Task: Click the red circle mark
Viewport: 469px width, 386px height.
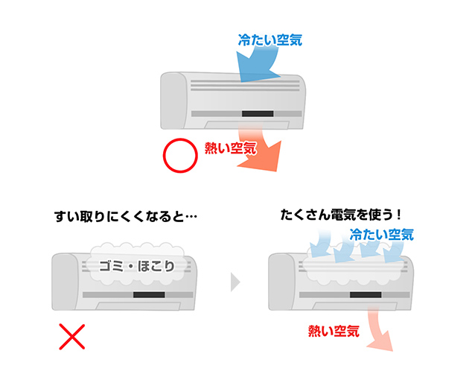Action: [x=178, y=156]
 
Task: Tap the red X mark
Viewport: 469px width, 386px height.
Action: [x=71, y=337]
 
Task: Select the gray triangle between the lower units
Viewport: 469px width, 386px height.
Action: [x=236, y=282]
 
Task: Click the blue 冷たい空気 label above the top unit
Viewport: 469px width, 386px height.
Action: [x=270, y=40]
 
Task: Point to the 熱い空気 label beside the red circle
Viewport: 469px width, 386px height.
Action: [x=230, y=148]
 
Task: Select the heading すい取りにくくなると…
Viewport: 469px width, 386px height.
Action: [x=125, y=218]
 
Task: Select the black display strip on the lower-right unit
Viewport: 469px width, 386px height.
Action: [x=363, y=296]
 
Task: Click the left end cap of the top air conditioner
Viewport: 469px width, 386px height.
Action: [x=173, y=100]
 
